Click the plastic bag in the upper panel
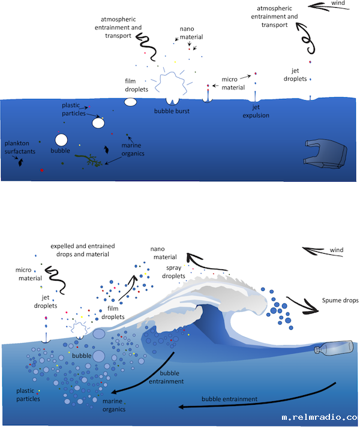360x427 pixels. (325, 154)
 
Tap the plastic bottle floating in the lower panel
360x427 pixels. (334, 348)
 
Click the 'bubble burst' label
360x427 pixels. (172, 111)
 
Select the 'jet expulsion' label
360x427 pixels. (256, 111)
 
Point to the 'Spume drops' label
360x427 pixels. (340, 300)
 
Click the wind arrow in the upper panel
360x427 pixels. (328, 7)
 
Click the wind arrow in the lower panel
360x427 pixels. (323, 251)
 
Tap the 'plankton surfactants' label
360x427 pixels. (20, 148)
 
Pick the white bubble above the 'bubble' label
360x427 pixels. (61, 140)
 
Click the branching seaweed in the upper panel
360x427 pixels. (89, 160)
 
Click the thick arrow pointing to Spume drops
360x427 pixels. (303, 305)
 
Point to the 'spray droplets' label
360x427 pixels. (173, 272)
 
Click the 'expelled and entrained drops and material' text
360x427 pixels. (83, 250)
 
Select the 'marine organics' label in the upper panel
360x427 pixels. (133, 149)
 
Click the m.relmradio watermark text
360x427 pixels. (319, 417)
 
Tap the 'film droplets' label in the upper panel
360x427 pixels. (136, 85)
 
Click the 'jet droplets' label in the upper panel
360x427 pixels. (295, 74)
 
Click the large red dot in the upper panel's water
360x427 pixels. (42, 170)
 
